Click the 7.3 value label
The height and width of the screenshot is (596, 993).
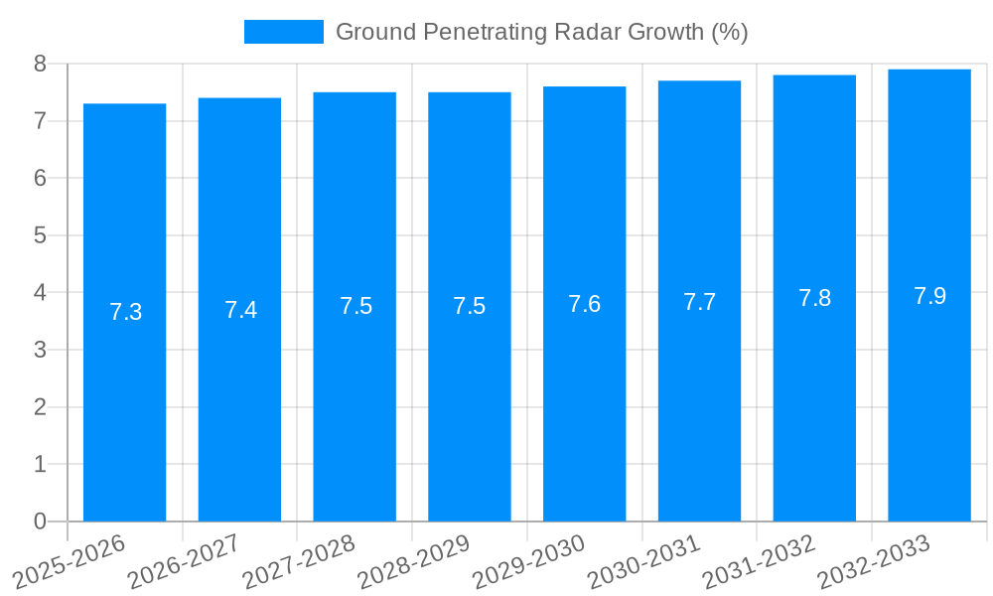pos(125,312)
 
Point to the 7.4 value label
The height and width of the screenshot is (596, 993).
pos(240,310)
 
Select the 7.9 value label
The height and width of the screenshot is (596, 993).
pos(929,296)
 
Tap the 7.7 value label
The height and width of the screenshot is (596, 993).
pos(699,302)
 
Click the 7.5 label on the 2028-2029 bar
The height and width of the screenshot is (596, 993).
pos(469,306)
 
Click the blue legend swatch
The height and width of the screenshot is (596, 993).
pos(284,32)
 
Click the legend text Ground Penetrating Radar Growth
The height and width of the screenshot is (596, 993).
pos(541,32)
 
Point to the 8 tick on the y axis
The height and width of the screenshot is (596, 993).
pos(40,64)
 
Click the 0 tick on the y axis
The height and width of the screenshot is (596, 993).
pos(40,521)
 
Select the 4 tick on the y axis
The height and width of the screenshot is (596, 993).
pos(40,293)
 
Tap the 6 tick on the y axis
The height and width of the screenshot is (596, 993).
pos(40,179)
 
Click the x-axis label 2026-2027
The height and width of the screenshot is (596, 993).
pos(184,561)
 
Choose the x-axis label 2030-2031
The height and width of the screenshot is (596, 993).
pos(644,561)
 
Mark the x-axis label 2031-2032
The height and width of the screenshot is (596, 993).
pos(760,561)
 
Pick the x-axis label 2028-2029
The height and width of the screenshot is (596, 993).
pos(414,561)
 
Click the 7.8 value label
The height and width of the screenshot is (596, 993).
pos(814,298)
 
